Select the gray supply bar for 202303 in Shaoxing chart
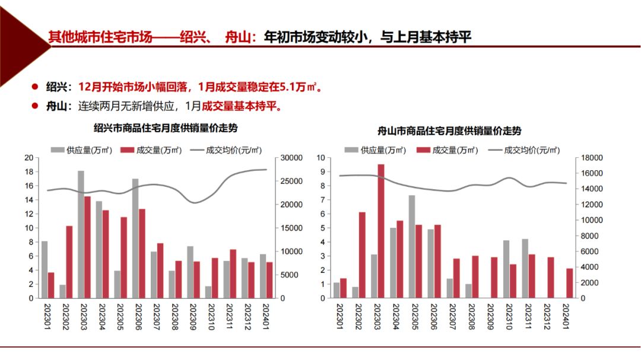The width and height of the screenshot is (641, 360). (x=80, y=234)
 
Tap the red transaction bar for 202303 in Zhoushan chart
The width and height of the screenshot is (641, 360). (x=381, y=231)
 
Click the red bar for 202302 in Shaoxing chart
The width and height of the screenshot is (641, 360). (x=69, y=262)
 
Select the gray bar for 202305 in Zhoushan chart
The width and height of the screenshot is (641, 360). (x=411, y=247)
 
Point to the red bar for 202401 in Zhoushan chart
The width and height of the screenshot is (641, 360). (x=570, y=283)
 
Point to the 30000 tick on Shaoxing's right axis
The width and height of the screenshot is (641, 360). (x=292, y=158)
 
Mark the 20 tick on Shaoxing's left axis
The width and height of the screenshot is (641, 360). (x=29, y=158)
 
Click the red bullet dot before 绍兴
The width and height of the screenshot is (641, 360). (x=35, y=87)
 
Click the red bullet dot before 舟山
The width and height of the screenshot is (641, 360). (x=35, y=106)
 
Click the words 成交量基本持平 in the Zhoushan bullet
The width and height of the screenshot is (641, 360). (x=240, y=107)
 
